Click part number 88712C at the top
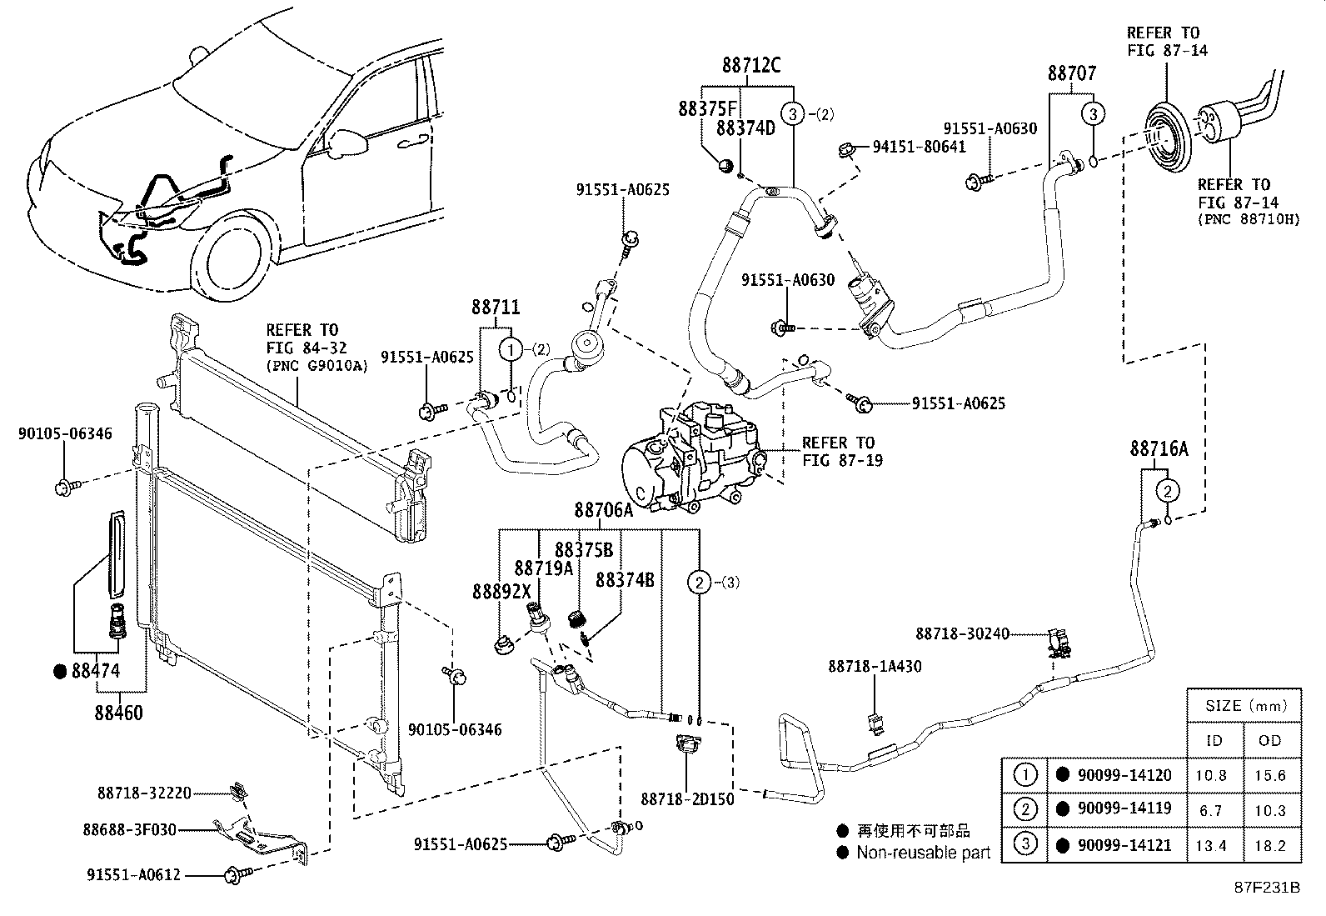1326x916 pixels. pos(750,65)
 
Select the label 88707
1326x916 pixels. pos(1072,74)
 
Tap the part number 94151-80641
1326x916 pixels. pos(919,147)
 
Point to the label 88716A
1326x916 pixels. pos(1159,449)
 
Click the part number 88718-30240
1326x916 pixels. pos(962,634)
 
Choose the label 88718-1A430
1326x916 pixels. pos(875,667)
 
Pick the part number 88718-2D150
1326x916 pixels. pos(687,799)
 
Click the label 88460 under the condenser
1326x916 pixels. pos(118,713)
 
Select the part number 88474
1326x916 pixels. pos(96,671)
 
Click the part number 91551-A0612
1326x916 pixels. pos(134,874)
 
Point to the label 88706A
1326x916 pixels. pos(603,511)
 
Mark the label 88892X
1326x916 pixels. pos(501,591)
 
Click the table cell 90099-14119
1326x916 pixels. pos(1124,808)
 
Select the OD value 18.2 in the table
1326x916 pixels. pos(1270,845)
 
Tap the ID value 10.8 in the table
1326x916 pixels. pos(1210,775)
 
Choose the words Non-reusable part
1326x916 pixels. pos(923,853)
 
